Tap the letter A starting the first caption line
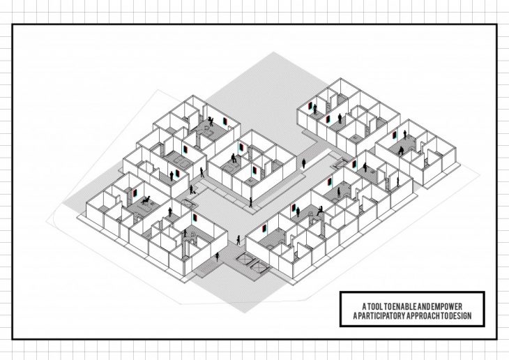click(364, 307)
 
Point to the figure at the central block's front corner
click(252, 203)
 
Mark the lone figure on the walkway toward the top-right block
click(304, 163)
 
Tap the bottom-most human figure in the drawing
click(216, 256)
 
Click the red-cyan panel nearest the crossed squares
click(264, 227)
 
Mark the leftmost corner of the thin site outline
click(47, 222)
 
